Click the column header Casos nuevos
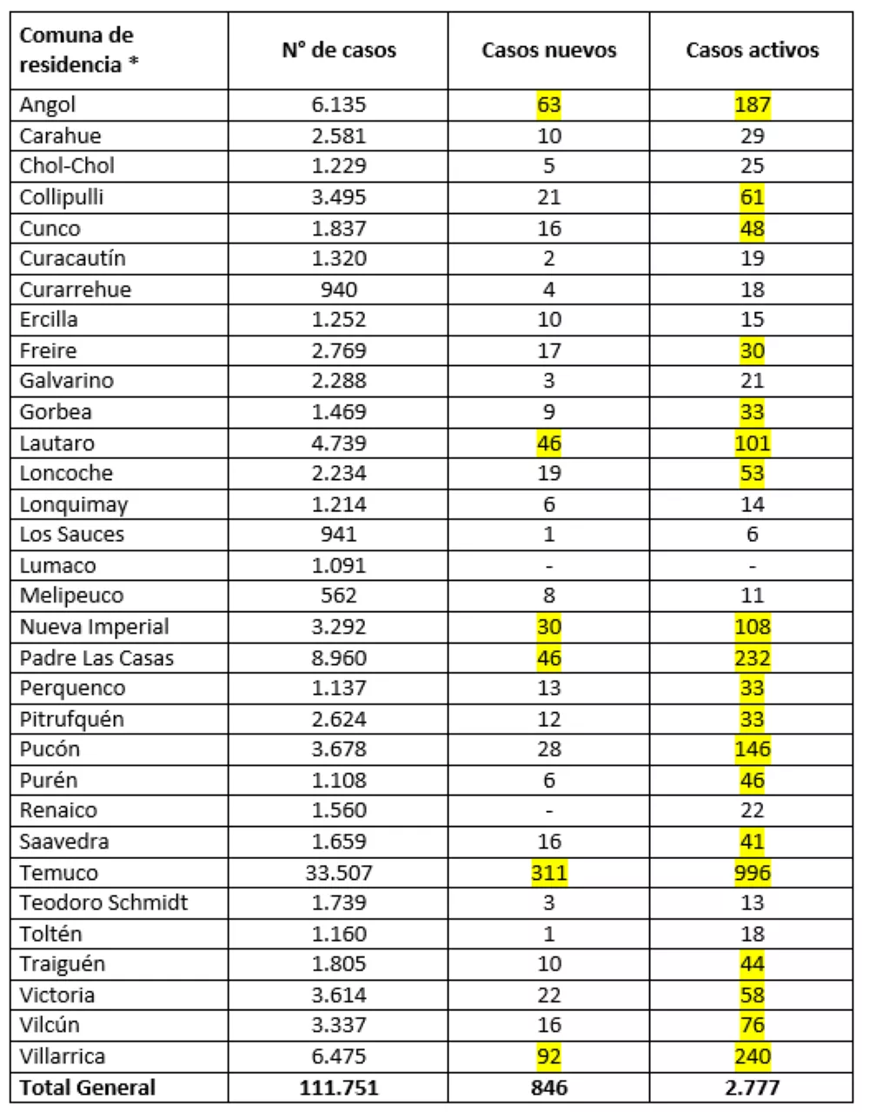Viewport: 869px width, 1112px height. [548, 50]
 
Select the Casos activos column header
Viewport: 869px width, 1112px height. [752, 50]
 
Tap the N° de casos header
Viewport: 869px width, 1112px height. [338, 50]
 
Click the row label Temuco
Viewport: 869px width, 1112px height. [58, 872]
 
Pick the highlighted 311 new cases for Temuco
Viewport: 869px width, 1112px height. [548, 872]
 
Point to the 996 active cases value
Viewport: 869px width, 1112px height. [752, 872]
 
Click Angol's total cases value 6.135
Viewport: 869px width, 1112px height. [338, 105]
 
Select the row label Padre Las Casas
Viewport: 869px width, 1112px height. [96, 658]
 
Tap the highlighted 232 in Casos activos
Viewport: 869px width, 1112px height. [752, 658]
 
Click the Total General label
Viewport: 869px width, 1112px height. [87, 1088]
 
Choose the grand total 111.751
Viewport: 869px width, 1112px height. [338, 1088]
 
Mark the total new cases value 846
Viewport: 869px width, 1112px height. [548, 1088]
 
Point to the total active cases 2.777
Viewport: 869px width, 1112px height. [752, 1088]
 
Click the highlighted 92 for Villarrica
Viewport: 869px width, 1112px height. [548, 1056]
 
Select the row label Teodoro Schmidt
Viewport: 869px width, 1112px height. [103, 902]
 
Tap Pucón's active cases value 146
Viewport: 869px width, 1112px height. [752, 749]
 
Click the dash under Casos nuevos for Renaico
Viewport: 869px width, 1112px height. [548, 810]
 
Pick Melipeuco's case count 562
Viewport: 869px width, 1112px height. [338, 596]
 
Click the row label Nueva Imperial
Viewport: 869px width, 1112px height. [94, 627]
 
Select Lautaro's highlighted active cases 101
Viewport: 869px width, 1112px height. [752, 443]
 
